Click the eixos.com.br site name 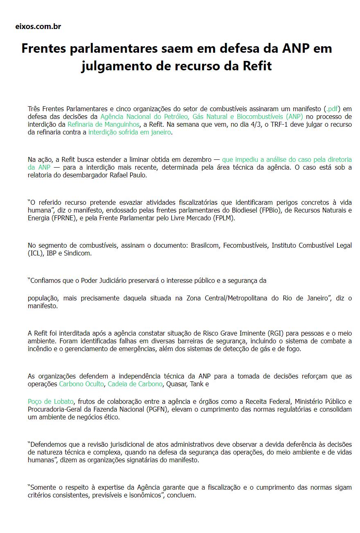38,27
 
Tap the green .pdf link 332,109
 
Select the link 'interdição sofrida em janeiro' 130,132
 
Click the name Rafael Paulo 129,175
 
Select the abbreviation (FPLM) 224,218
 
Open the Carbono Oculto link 82,384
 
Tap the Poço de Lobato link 51,401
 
